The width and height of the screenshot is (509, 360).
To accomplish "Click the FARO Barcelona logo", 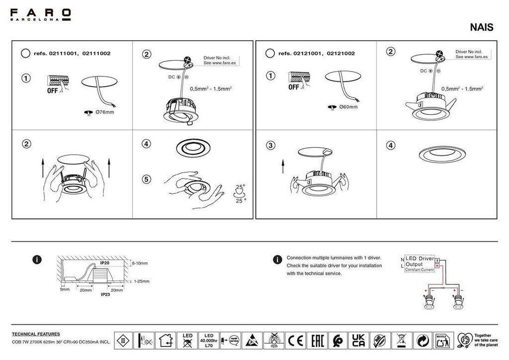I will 41,14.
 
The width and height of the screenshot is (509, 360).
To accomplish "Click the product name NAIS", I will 481,28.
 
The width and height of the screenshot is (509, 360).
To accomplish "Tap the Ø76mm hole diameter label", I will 104,112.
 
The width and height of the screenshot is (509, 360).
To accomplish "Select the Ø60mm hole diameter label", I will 348,107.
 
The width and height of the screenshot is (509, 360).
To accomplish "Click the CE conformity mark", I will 296,341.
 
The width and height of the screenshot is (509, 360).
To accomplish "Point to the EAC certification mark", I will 316,341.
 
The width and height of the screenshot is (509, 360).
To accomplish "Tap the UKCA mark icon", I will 358,341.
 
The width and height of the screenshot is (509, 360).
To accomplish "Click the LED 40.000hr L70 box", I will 208,341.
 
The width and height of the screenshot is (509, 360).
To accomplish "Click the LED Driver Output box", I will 420,264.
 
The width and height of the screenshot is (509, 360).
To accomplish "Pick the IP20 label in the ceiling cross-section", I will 105,263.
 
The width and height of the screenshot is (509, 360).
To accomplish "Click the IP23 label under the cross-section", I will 105,294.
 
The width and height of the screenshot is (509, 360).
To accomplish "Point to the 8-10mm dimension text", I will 140,263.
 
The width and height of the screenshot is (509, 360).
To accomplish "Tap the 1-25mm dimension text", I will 141,281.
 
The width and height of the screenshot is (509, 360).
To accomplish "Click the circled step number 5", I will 146,179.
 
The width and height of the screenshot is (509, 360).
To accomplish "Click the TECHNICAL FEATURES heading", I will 36,334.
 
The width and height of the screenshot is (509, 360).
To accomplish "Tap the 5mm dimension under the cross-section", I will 65,289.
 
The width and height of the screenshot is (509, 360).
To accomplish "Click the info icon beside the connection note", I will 277,260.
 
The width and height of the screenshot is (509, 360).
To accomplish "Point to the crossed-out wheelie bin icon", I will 400,341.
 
